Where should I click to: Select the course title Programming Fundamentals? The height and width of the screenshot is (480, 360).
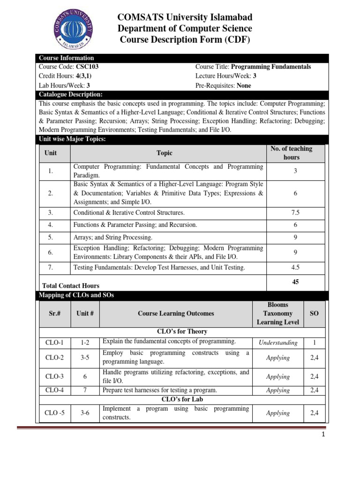(271, 67)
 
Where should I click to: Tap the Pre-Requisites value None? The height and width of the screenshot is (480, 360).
(243, 85)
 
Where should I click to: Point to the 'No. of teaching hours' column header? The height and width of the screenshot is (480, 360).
(291, 153)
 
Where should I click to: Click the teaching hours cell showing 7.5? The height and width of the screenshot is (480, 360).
(295, 212)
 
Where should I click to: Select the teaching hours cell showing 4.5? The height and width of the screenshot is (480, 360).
(295, 268)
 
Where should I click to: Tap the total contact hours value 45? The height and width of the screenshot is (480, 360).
(295, 282)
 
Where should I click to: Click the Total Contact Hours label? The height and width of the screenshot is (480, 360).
(71, 285)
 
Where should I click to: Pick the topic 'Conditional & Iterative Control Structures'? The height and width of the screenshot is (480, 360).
(129, 212)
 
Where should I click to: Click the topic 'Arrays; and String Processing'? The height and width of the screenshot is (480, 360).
(113, 238)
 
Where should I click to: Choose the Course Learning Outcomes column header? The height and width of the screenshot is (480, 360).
(176, 314)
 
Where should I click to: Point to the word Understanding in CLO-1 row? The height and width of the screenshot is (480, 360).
(278, 343)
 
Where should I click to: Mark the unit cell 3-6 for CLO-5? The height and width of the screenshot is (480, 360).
(85, 413)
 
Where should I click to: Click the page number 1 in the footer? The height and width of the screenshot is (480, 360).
(323, 435)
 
